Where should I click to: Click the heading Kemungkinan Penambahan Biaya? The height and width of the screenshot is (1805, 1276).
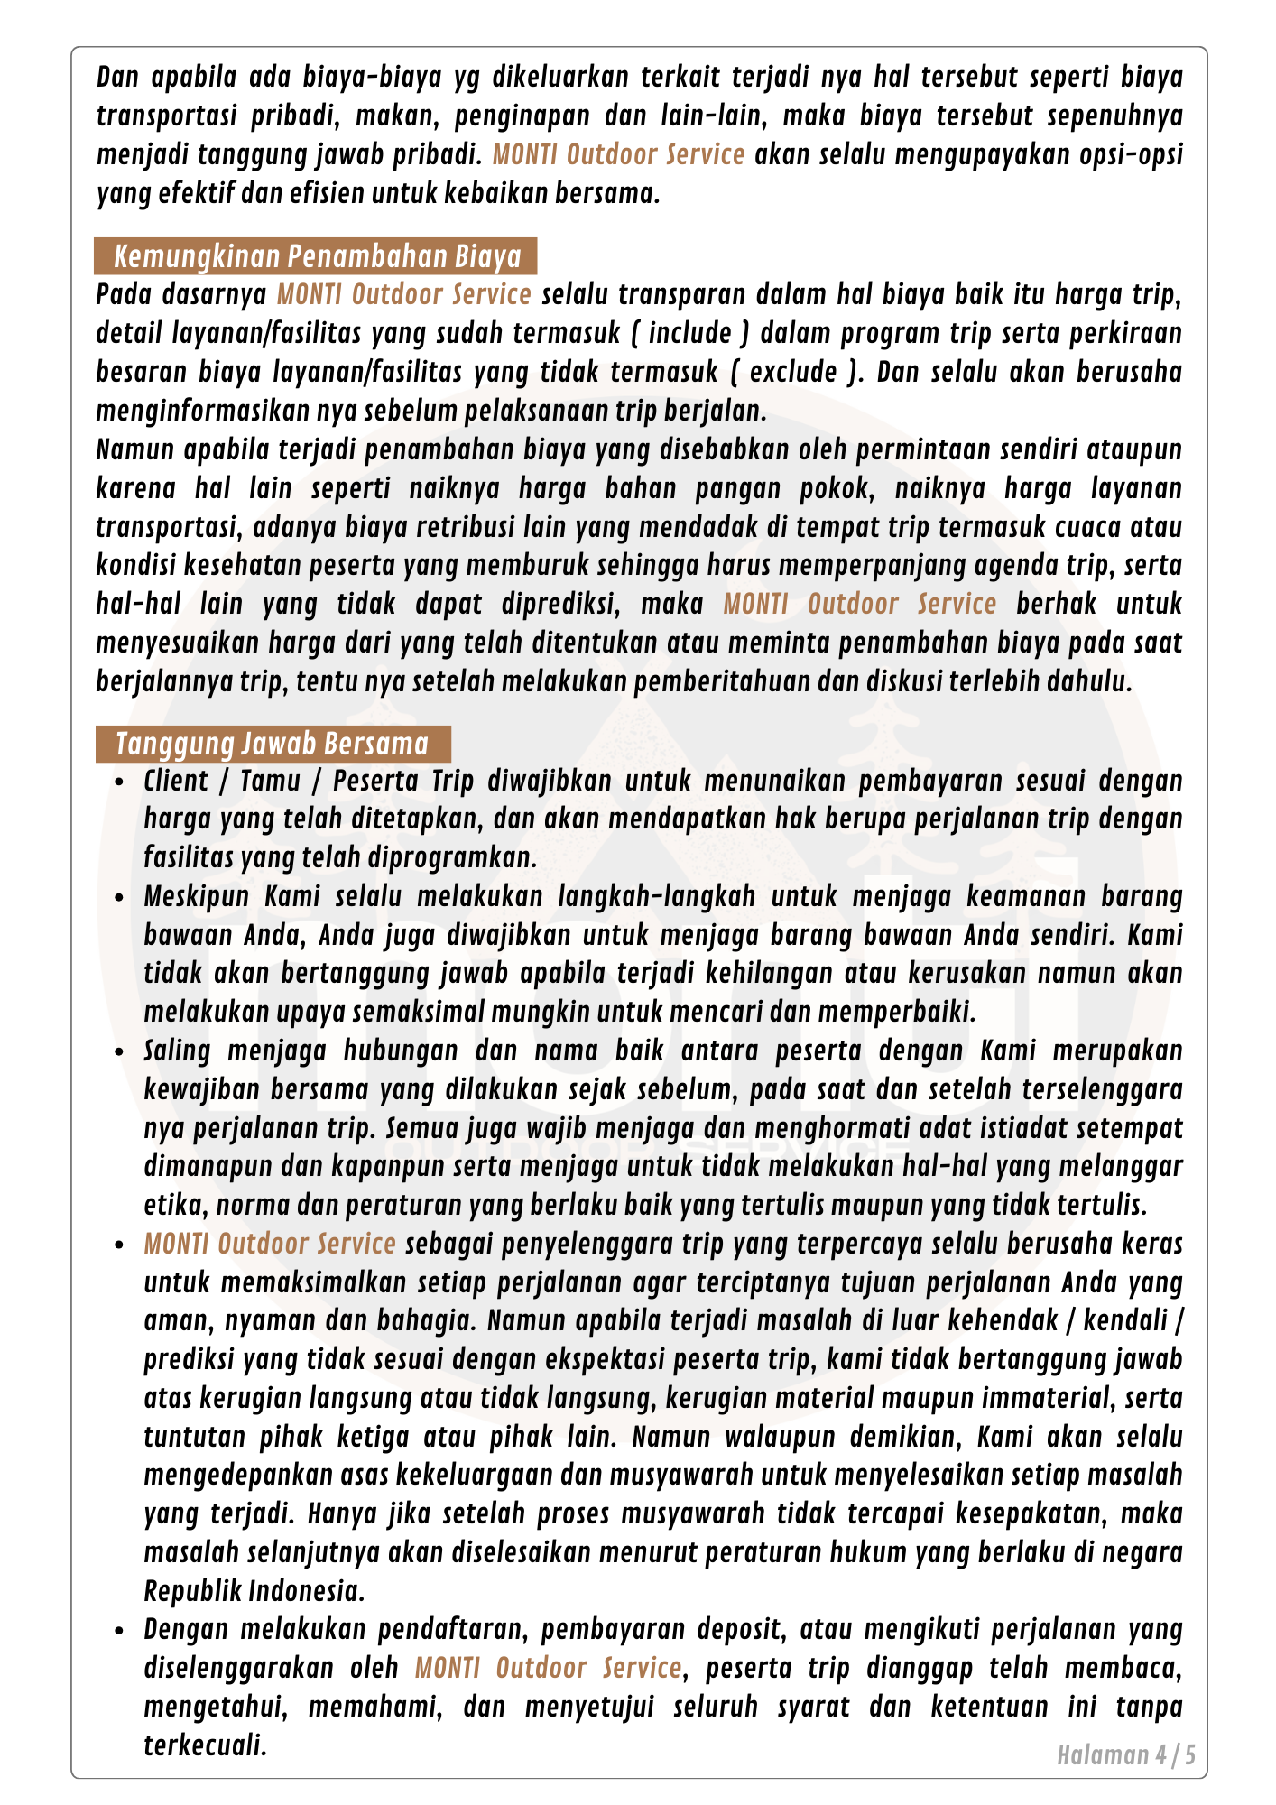click(x=317, y=256)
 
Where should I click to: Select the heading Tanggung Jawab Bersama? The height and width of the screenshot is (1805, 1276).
click(x=272, y=744)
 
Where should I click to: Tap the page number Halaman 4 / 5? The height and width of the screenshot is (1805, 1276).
click(x=1126, y=1755)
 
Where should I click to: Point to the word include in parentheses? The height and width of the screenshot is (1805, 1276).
click(x=690, y=333)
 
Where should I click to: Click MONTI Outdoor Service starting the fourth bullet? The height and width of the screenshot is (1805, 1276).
click(x=270, y=1244)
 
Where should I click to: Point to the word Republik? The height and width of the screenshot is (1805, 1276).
click(x=190, y=1591)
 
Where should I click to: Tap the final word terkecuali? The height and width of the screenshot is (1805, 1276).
click(x=206, y=1745)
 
